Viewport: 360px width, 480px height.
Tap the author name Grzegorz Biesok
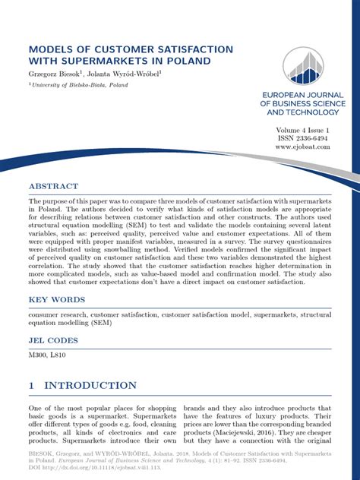click(55, 74)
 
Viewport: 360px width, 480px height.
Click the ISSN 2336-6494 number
click(306, 140)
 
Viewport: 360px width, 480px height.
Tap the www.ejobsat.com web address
click(305, 149)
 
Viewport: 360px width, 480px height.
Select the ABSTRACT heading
click(53, 186)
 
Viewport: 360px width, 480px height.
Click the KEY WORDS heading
click(57, 300)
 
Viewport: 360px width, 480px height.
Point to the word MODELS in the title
click(55, 47)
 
